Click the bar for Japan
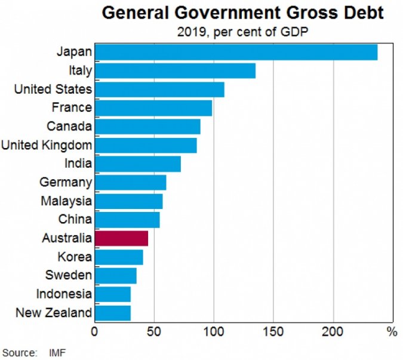236,52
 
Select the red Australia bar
121,238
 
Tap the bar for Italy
175,70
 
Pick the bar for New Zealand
112,312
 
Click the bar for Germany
130,182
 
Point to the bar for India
137,164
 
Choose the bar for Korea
119,257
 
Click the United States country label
53,90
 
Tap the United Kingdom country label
47,145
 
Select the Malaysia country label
66,201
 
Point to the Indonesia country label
64,294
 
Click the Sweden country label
69,275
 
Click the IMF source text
57,353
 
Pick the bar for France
153,107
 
